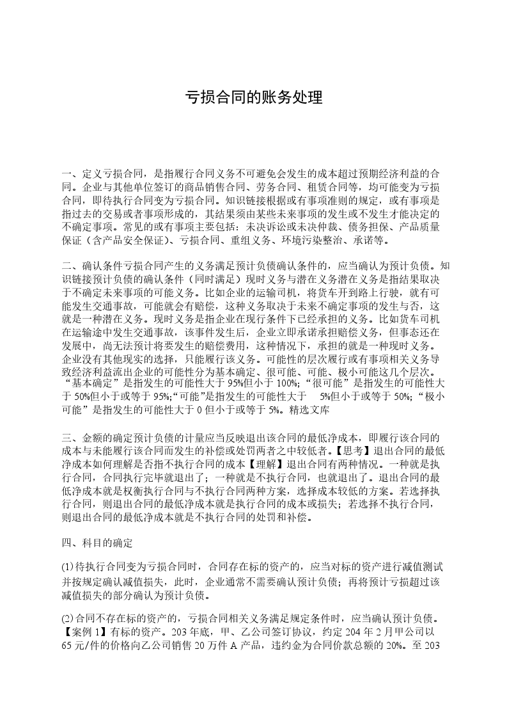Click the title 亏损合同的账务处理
(x=253, y=98)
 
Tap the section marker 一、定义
(x=86, y=173)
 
